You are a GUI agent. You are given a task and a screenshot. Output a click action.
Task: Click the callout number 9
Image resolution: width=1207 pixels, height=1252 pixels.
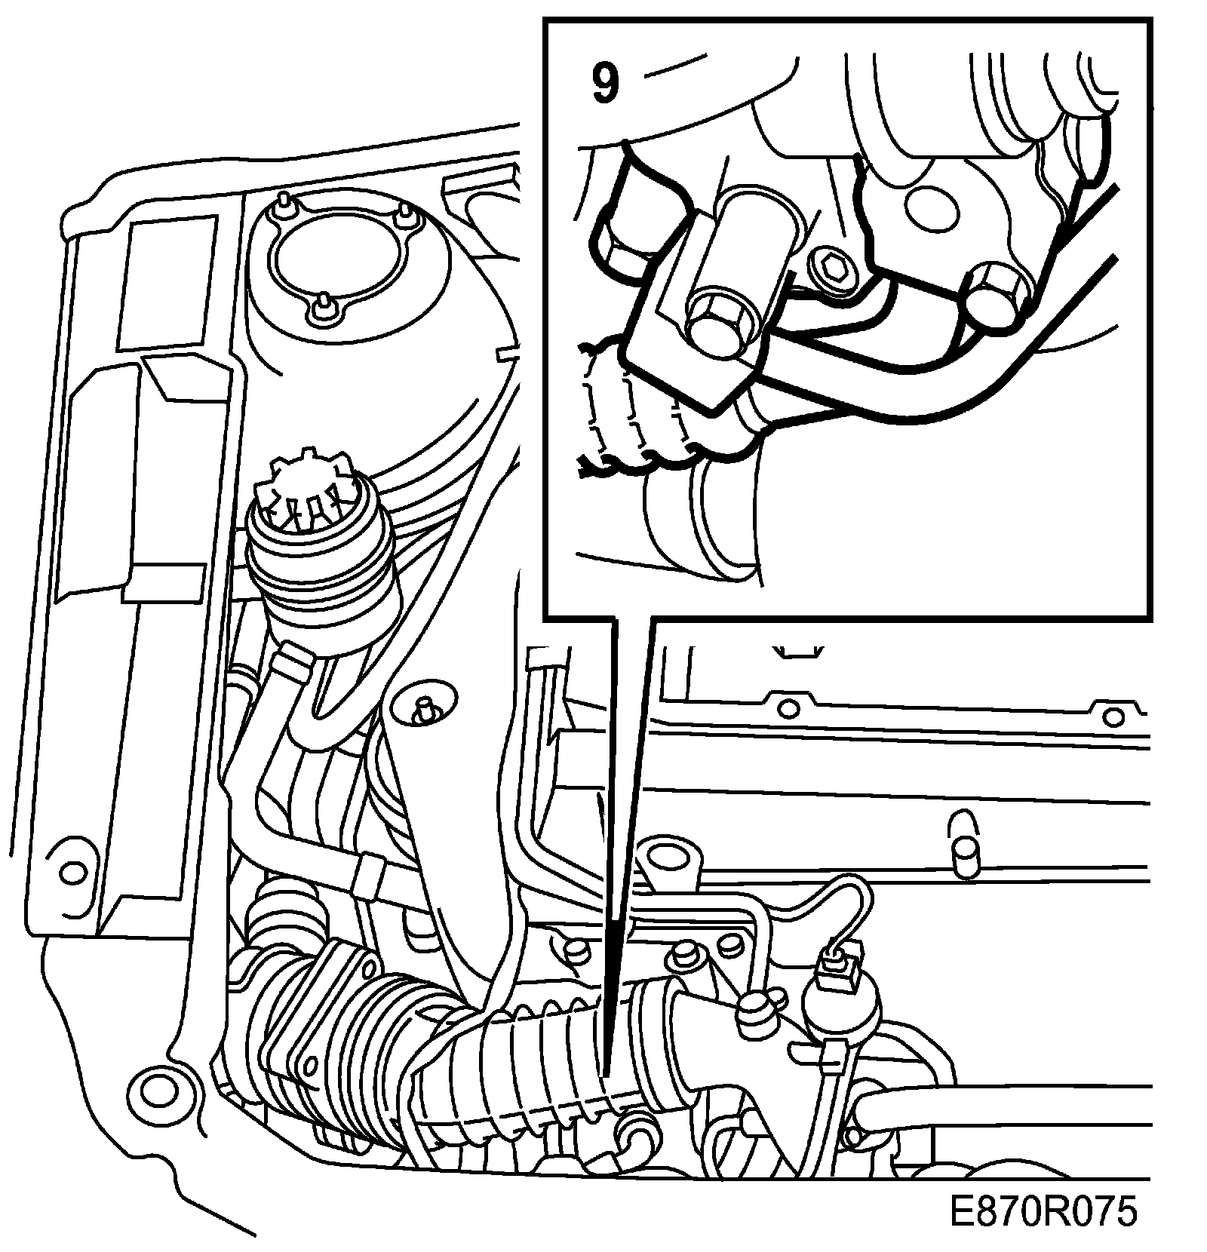604,83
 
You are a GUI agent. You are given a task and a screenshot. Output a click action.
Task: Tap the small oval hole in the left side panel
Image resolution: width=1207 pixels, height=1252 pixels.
72,873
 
